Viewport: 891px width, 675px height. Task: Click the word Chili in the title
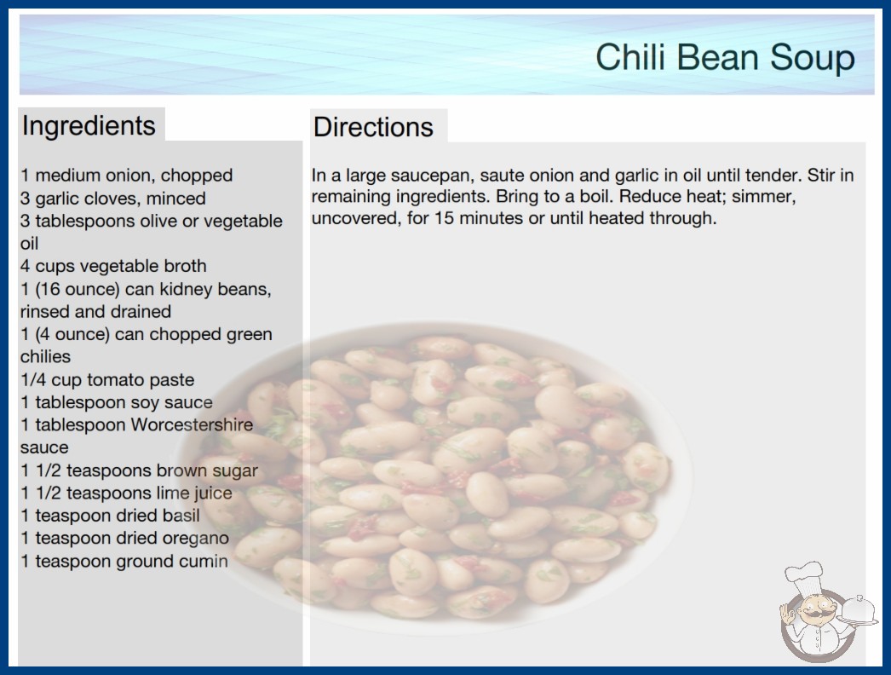630,57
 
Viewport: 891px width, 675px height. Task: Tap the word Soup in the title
813,58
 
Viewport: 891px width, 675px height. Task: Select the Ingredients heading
89,126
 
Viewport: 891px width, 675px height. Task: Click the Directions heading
373,127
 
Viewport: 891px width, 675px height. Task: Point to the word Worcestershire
192,424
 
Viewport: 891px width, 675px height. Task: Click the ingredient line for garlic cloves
113,199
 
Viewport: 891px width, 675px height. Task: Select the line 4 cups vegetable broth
113,266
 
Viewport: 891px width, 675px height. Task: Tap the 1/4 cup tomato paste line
107,379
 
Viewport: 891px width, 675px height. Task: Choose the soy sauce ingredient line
117,402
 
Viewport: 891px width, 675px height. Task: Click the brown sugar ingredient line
139,470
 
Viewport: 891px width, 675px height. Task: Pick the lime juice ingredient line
126,493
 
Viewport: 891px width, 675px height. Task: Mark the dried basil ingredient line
110,516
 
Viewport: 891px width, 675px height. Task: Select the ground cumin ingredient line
124,562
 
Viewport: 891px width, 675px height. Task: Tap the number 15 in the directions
444,218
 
